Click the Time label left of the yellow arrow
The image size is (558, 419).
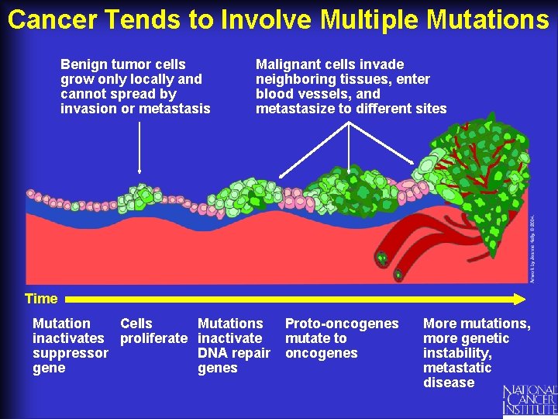[41, 299]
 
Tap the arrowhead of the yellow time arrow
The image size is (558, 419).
[520, 298]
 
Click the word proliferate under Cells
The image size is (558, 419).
[153, 338]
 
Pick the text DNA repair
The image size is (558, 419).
[234, 353]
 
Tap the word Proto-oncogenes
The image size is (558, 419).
[342, 324]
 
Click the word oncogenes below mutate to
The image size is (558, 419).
[322, 353]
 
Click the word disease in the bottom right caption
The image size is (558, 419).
[449, 383]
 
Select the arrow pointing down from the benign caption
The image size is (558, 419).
[139, 147]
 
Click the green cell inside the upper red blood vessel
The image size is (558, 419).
[381, 257]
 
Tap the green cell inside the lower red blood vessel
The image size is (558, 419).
[398, 274]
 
